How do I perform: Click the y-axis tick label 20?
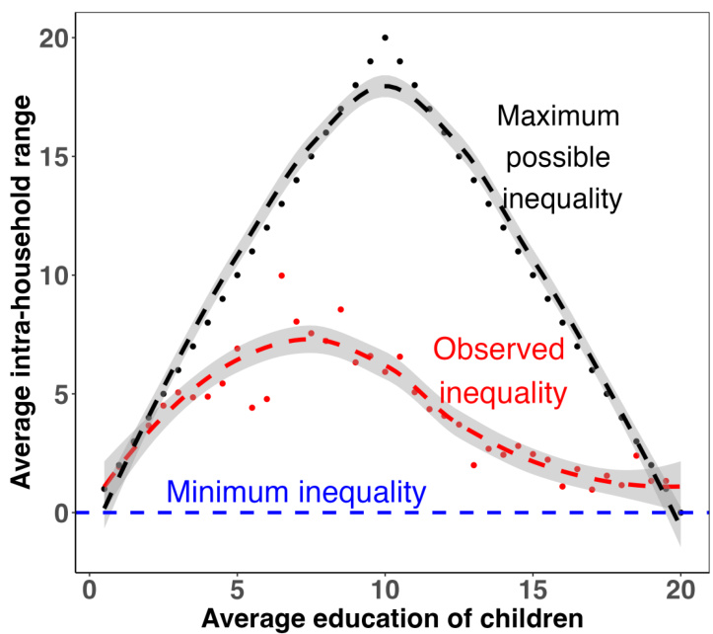coord(50,39)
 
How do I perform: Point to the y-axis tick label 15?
coord(50,157)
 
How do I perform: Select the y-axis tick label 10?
coord(50,276)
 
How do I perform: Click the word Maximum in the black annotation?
coord(558,117)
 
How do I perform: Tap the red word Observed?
coord(499,350)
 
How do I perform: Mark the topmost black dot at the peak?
coord(385,38)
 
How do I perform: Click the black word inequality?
coord(563,198)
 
